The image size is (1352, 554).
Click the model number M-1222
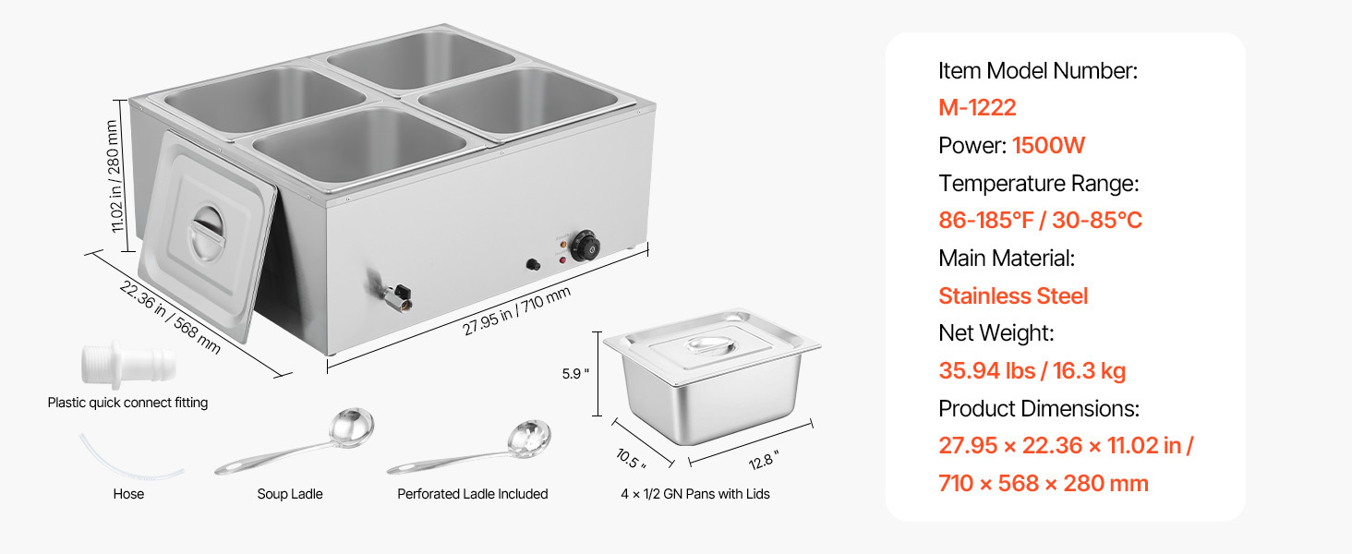977,108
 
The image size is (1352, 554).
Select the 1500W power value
1048,146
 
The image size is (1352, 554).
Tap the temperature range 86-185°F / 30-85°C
1040,221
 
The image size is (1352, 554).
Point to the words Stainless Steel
1013,295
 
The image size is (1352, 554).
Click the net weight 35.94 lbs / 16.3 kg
1032,370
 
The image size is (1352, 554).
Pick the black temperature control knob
585,246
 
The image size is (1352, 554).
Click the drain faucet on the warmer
392,293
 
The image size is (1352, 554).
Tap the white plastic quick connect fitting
128,366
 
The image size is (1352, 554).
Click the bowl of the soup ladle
351,428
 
